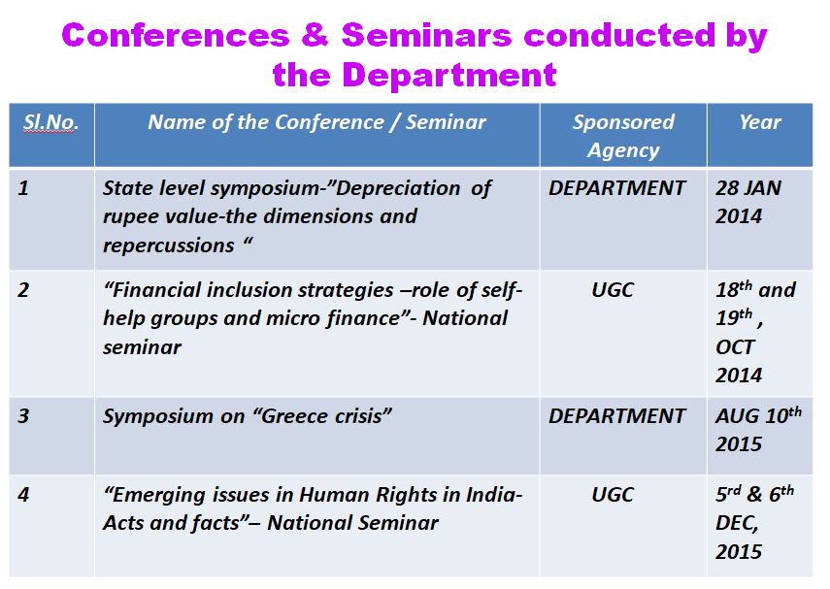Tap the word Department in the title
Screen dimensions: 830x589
click(449, 75)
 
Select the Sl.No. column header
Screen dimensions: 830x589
click(50, 122)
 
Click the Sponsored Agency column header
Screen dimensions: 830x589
click(623, 136)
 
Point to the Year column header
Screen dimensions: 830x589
click(759, 122)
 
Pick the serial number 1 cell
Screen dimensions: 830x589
click(22, 188)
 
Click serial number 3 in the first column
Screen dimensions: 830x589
click(23, 416)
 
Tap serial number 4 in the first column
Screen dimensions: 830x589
click(23, 494)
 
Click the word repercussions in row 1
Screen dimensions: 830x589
click(168, 246)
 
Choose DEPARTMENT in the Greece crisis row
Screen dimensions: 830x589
click(616, 416)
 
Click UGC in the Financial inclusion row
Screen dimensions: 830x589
click(613, 290)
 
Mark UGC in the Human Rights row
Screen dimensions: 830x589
click(613, 494)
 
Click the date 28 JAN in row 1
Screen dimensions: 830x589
click(747, 188)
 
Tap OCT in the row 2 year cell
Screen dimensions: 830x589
click(735, 347)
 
